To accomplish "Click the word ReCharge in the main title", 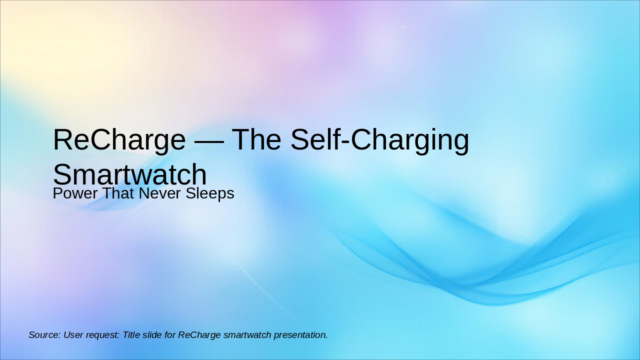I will point(119,140).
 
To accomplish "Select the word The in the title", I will point(256,140).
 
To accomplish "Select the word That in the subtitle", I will point(116,193).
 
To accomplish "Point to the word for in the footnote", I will point(170,335).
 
